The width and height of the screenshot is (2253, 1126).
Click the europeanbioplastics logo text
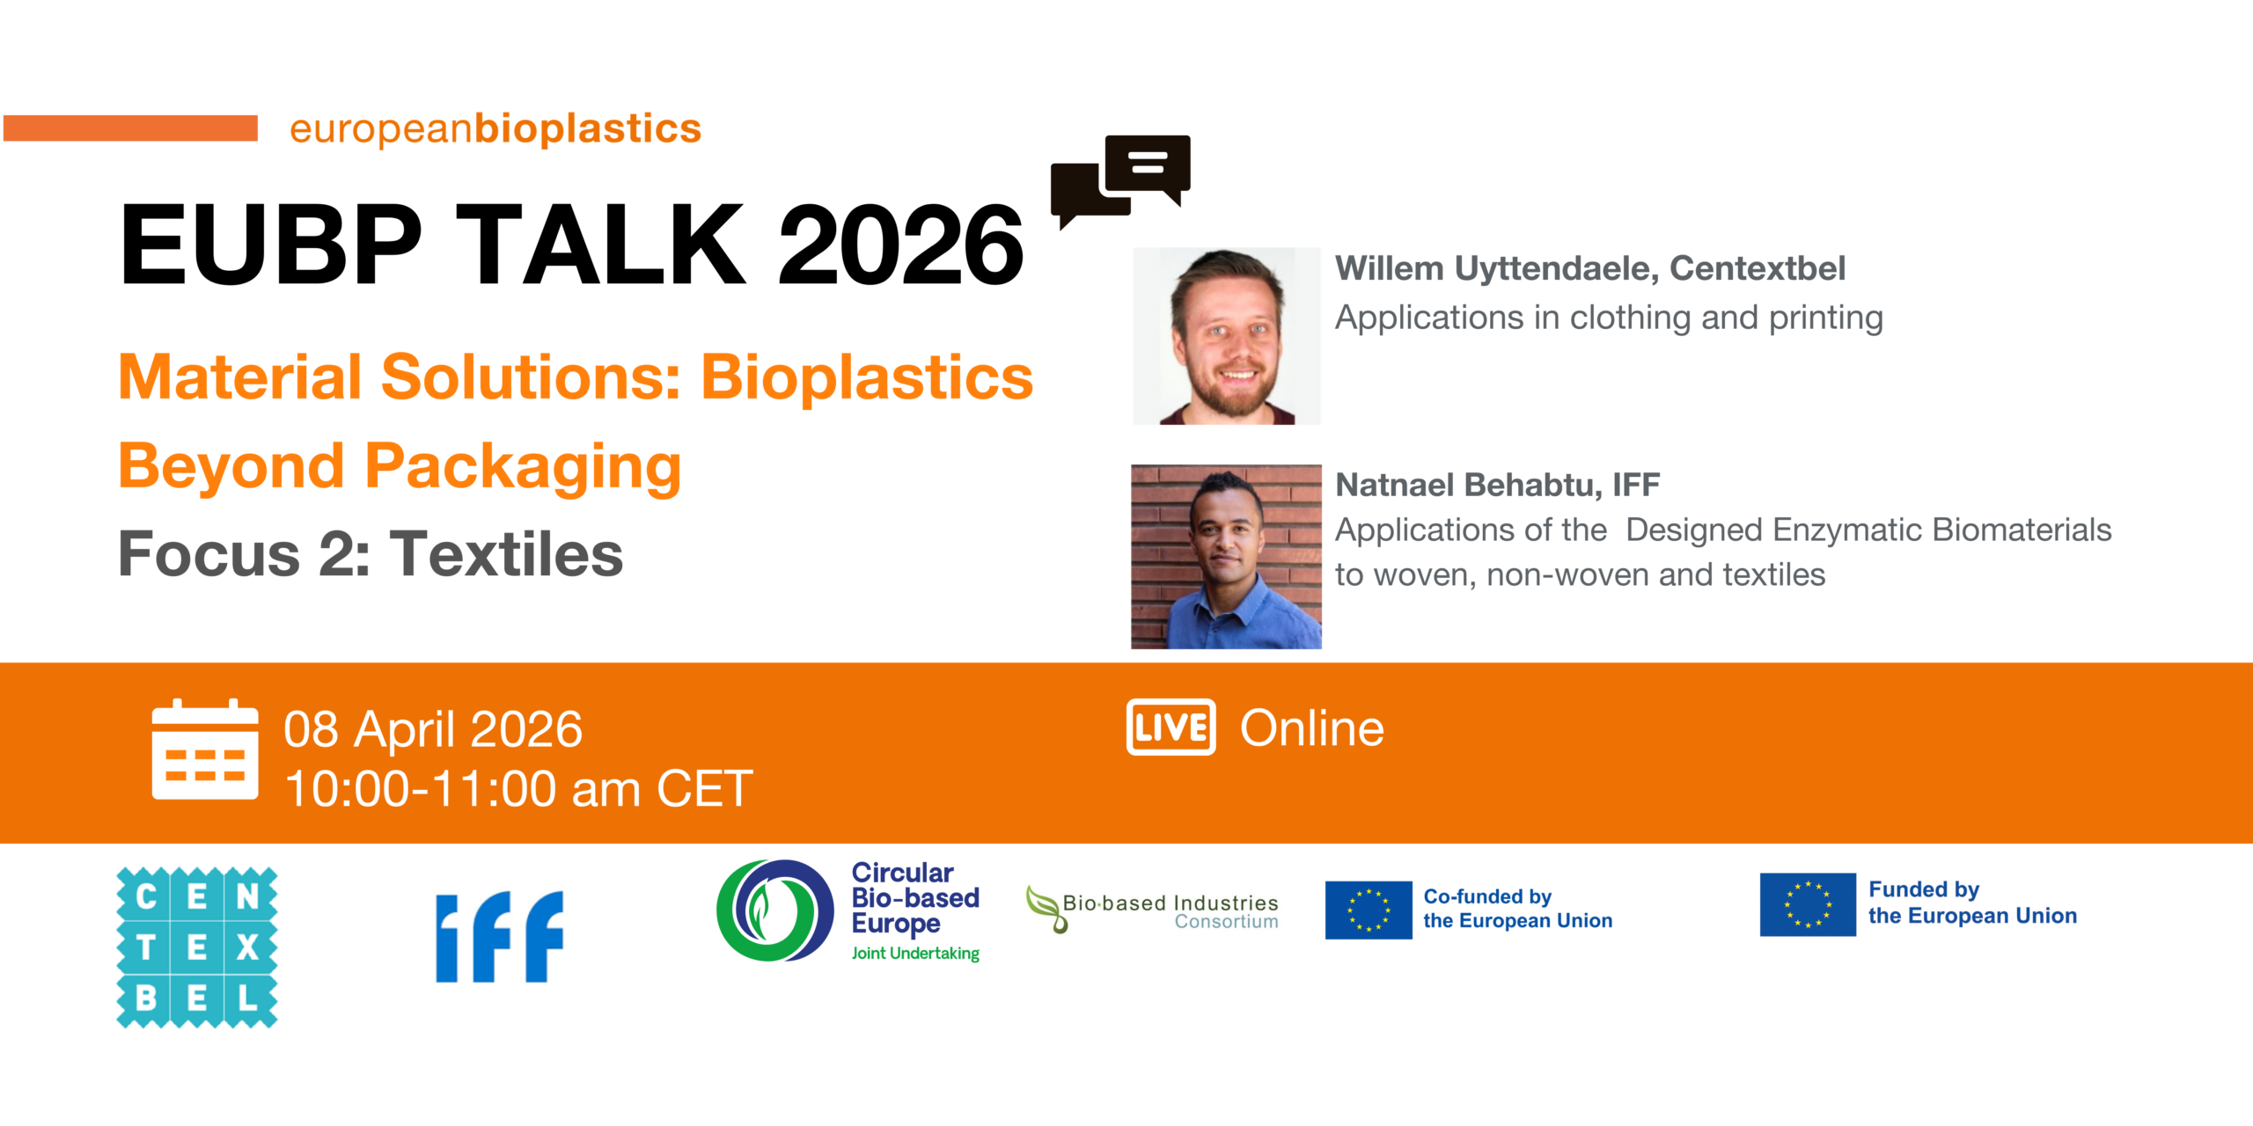tap(495, 128)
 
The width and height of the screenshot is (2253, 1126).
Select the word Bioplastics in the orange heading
tap(867, 377)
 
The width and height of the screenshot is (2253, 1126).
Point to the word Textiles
tap(506, 554)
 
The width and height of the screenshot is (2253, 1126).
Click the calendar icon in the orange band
tap(205, 749)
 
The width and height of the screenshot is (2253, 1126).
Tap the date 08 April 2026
tap(433, 729)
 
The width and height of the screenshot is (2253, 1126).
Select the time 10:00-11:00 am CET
tap(518, 788)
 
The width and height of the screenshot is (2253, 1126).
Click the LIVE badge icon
tap(1171, 728)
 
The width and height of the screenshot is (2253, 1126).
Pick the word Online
tap(1311, 728)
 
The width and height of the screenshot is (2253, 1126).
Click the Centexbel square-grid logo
tap(197, 947)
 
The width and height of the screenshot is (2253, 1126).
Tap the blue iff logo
tap(500, 936)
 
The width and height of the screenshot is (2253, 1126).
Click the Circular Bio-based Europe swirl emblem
tap(775, 910)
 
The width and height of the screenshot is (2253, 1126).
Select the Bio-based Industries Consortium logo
tap(1152, 910)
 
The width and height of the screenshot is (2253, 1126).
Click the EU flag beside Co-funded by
tap(1369, 910)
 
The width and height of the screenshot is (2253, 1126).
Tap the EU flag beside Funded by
tap(1808, 904)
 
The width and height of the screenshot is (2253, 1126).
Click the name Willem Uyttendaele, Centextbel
tap(1589, 268)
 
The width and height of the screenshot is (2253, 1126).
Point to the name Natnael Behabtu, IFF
tap(1497, 485)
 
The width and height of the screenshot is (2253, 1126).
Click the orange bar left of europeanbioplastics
tap(130, 128)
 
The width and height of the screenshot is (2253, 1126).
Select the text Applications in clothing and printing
tap(1609, 318)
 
